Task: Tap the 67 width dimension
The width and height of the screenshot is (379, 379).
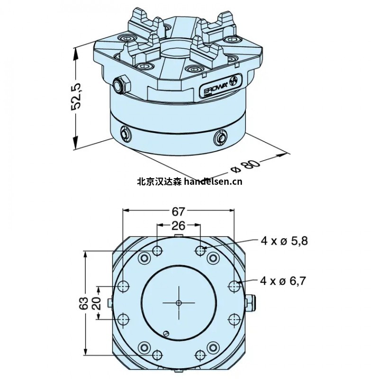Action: [179, 211]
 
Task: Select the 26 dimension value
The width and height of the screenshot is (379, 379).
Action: [179, 226]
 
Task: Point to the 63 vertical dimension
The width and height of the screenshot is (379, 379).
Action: [83, 303]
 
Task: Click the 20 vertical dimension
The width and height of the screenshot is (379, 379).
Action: [97, 303]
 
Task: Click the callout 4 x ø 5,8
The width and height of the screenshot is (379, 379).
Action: [284, 241]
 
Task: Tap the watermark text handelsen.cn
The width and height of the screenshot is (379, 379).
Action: [212, 181]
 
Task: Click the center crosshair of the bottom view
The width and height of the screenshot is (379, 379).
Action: [178, 303]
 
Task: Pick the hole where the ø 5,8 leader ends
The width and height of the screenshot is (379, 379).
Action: [201, 250]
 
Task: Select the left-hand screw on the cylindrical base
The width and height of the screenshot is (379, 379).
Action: [125, 134]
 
